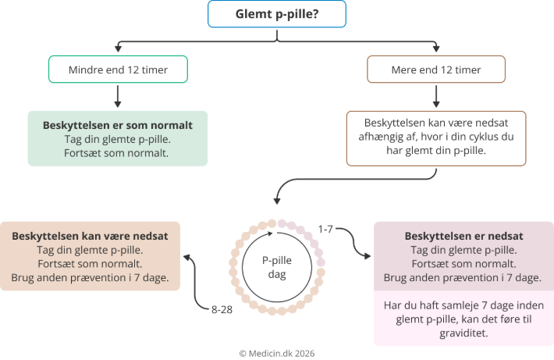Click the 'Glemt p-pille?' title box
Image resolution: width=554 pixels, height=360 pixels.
point(277,14)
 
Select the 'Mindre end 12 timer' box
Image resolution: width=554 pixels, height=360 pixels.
point(118,70)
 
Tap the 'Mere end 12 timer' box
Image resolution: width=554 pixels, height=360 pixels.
point(435,70)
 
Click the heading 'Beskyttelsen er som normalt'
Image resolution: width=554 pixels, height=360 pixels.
point(118,125)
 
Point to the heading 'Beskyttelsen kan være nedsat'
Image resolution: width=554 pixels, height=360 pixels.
point(91,236)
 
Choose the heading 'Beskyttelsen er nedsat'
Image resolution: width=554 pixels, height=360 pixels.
point(463,236)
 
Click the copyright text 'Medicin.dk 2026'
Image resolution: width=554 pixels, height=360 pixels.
point(277,352)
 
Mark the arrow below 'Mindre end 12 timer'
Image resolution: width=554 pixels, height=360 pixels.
point(118,95)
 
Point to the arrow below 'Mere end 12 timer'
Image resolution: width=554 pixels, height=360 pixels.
point(435,95)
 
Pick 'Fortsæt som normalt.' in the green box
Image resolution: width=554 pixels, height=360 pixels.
point(118,153)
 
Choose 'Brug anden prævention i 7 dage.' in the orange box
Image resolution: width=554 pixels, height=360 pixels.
point(91,278)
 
